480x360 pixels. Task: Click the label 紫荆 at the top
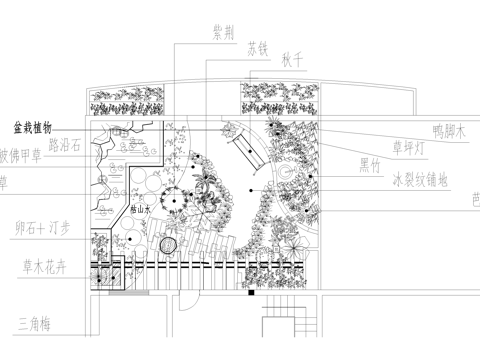223,32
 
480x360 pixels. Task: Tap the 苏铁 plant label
259,49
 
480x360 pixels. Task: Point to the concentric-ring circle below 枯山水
168,244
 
